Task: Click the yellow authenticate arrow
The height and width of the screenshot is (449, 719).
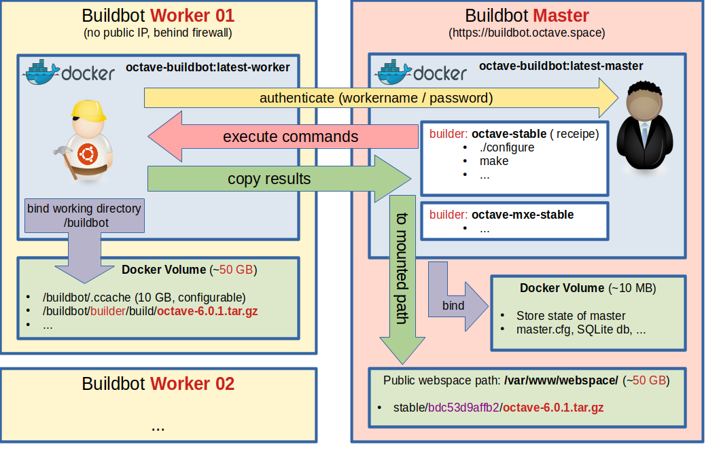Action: [381, 98]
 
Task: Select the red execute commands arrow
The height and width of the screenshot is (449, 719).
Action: [283, 137]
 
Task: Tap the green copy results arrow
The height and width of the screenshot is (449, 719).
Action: [279, 179]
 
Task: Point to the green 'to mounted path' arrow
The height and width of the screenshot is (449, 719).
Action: [402, 279]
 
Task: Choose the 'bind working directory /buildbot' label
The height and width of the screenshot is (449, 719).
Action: [84, 215]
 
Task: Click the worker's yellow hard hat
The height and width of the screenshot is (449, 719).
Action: [88, 111]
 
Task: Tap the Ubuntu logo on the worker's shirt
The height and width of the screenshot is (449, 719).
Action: [88, 154]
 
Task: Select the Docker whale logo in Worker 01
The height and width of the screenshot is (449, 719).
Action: [42, 72]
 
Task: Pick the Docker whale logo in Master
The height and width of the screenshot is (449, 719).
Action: [393, 72]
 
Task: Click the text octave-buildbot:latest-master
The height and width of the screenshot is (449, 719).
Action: [561, 66]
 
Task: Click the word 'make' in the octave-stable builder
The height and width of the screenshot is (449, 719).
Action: [494, 161]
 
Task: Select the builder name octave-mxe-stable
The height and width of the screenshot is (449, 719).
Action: [523, 215]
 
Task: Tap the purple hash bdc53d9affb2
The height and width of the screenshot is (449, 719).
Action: [463, 408]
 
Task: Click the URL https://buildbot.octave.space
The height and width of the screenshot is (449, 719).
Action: [527, 33]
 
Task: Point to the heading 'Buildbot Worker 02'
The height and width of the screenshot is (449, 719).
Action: [158, 384]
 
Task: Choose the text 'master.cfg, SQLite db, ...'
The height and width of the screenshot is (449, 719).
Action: [581, 329]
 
